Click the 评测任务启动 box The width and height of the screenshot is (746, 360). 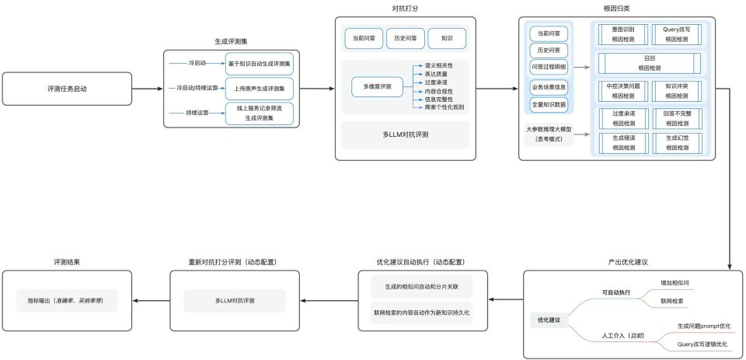(x=66, y=89)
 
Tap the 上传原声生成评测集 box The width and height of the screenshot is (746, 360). (x=260, y=89)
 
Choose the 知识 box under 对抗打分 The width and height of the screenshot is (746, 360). (x=446, y=37)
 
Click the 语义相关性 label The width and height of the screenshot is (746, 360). (x=437, y=65)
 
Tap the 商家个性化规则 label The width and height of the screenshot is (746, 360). (x=444, y=107)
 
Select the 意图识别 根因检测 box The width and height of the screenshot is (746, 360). (x=622, y=33)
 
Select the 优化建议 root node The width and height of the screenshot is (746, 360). (x=549, y=320)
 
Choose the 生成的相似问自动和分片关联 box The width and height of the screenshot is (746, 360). (x=422, y=285)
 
